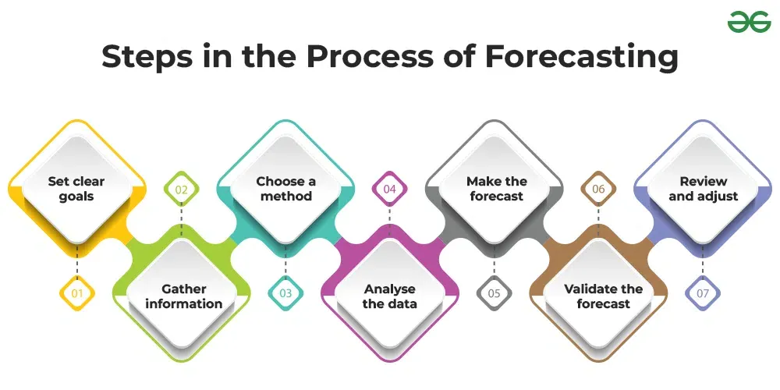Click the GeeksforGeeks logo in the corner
click(749, 22)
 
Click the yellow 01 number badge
click(77, 294)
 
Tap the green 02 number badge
click(182, 189)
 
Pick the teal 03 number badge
click(285, 294)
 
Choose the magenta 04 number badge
click(390, 189)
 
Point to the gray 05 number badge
click(495, 294)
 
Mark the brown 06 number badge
click(599, 189)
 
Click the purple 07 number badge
click(703, 294)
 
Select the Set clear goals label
click(76, 189)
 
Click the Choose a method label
click(286, 189)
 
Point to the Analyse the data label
click(390, 296)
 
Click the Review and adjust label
click(704, 189)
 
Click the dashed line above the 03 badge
click(285, 261)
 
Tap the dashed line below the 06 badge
click(599, 222)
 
